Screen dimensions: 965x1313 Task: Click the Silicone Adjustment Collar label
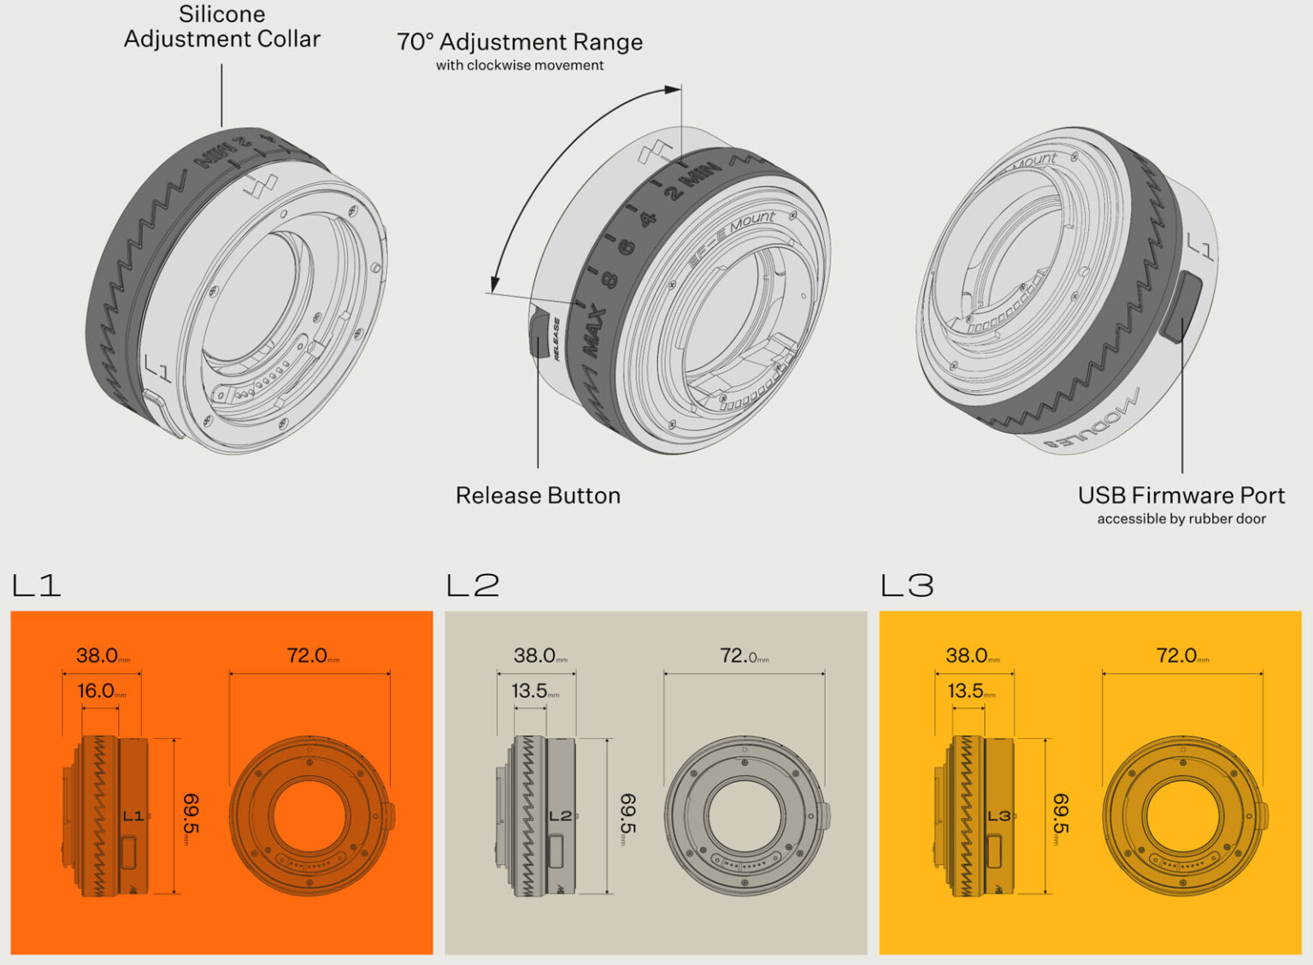coord(222,27)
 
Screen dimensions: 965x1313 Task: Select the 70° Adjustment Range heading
coord(520,42)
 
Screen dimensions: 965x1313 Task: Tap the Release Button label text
coord(538,495)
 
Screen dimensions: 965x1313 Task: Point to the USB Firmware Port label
coord(1181,495)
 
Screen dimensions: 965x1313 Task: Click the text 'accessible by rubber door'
coord(1181,519)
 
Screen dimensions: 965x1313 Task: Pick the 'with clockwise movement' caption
coord(520,66)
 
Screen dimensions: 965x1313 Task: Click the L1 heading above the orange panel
coord(37,586)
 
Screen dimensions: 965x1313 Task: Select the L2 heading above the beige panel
coord(473,586)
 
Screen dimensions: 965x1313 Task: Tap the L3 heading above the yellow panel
coord(907,586)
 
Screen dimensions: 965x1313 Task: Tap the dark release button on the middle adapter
coord(539,333)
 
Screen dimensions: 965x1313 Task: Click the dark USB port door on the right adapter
coord(1183,306)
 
